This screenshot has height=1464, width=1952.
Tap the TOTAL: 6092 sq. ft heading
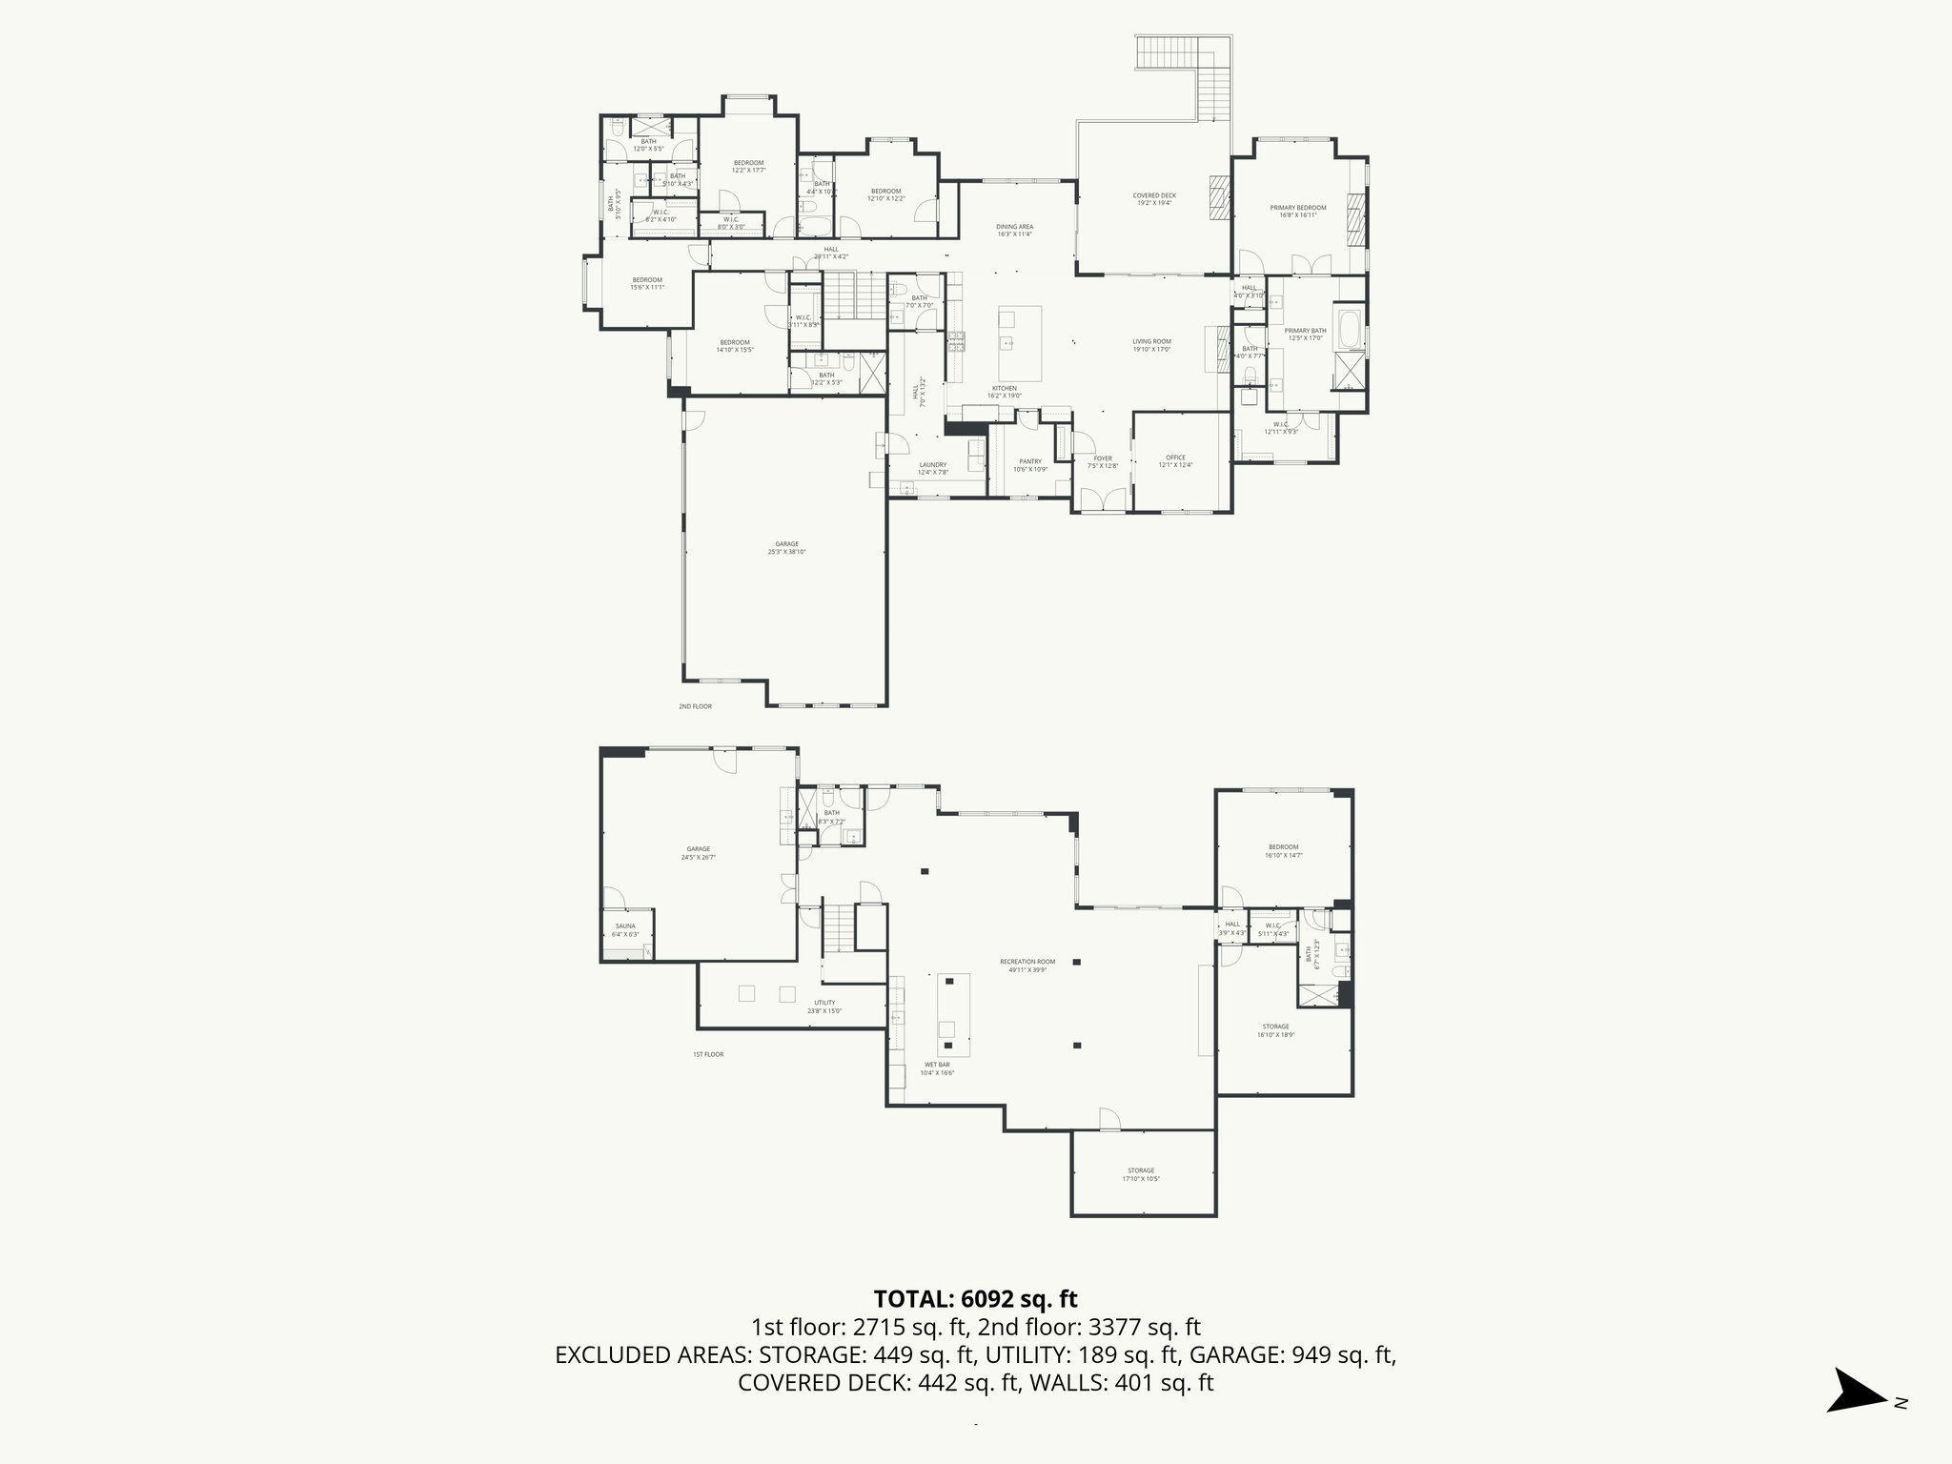point(975,1298)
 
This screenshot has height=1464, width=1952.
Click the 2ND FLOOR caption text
point(695,706)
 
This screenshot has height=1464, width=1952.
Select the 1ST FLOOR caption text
point(708,1054)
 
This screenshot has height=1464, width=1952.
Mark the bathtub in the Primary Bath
point(1350,329)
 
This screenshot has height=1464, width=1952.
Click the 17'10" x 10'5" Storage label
point(1141,1174)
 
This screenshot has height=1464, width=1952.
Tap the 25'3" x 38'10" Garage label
point(786,548)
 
